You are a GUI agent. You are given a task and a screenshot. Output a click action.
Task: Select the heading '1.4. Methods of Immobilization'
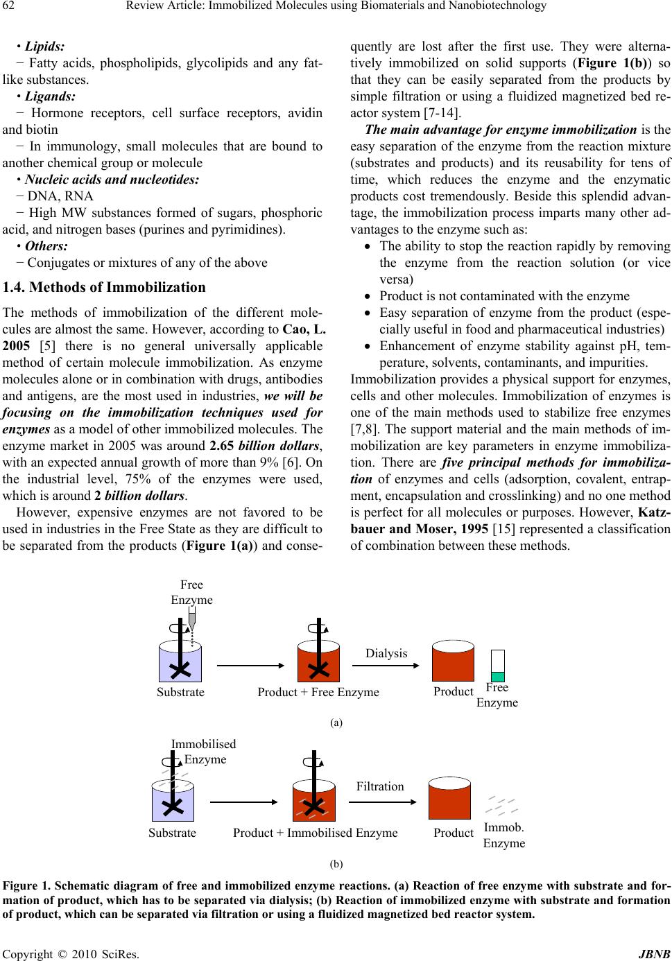coord(104,287)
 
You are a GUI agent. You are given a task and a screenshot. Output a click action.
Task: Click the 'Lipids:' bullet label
coord(44,46)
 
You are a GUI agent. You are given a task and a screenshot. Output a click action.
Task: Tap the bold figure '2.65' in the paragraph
coord(222,446)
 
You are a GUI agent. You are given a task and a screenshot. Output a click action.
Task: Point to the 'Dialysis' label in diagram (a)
coord(386,653)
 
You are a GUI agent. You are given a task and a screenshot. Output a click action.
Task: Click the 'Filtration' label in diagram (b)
coord(380,786)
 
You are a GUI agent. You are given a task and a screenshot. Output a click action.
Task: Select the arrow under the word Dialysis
coord(386,666)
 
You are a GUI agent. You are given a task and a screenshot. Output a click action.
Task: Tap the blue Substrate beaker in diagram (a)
coord(180,662)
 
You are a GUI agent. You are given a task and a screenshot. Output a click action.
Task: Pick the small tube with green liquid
coord(497,666)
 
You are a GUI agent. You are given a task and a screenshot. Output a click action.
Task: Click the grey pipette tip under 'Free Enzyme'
coord(192,618)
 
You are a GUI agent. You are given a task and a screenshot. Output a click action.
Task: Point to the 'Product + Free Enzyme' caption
coord(318,692)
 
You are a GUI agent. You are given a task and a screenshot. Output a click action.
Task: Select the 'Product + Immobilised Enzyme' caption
coord(316,833)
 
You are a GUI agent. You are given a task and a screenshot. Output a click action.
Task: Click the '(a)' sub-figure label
coord(336,722)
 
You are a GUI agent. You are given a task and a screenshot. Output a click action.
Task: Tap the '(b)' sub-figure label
coord(336,864)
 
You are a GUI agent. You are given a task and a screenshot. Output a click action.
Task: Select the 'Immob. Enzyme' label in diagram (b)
coord(504,835)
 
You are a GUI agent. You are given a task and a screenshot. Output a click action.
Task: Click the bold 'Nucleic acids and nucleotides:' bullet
coord(112,180)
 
